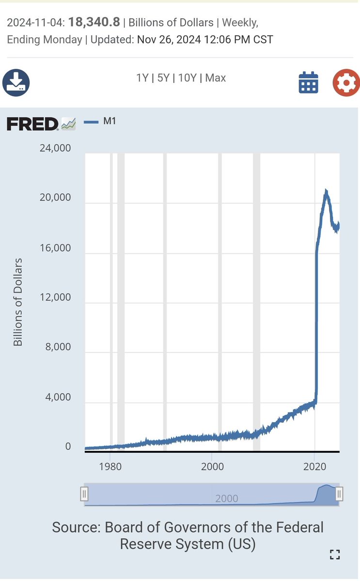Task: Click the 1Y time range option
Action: (142, 78)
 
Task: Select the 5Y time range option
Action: (163, 78)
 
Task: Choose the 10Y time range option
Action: (187, 78)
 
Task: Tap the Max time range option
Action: (215, 78)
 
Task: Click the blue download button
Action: (16, 82)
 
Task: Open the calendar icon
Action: (308, 82)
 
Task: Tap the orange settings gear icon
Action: (346, 82)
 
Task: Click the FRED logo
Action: (33, 124)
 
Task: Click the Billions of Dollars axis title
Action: (18, 302)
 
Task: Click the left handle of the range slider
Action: (84, 494)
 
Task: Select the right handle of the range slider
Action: (339, 494)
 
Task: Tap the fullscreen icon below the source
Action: (335, 555)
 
